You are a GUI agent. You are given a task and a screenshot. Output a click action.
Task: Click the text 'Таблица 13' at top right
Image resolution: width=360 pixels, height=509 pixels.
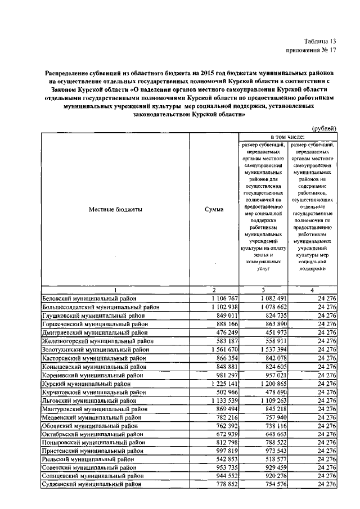coord(320,41)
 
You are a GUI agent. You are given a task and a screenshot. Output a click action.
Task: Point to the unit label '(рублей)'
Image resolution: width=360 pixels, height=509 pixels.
coord(324,128)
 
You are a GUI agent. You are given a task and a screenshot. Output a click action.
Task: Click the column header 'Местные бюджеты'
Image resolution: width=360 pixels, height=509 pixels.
coord(115,209)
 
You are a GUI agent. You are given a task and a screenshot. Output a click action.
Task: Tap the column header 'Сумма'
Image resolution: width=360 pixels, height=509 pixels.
coord(214,209)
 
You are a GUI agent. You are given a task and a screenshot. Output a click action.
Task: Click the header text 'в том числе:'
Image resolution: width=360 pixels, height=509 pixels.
coord(288,137)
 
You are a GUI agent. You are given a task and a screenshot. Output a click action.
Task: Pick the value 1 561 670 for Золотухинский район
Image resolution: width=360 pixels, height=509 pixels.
coord(225,349)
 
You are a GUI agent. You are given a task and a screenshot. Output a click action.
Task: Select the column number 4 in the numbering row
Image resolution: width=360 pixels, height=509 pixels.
coord(312,289)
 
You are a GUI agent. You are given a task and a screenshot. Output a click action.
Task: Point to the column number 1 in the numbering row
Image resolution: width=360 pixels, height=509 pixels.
coord(115,289)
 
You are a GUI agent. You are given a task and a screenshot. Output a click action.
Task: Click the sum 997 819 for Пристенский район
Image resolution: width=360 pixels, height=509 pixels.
coord(228,451)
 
